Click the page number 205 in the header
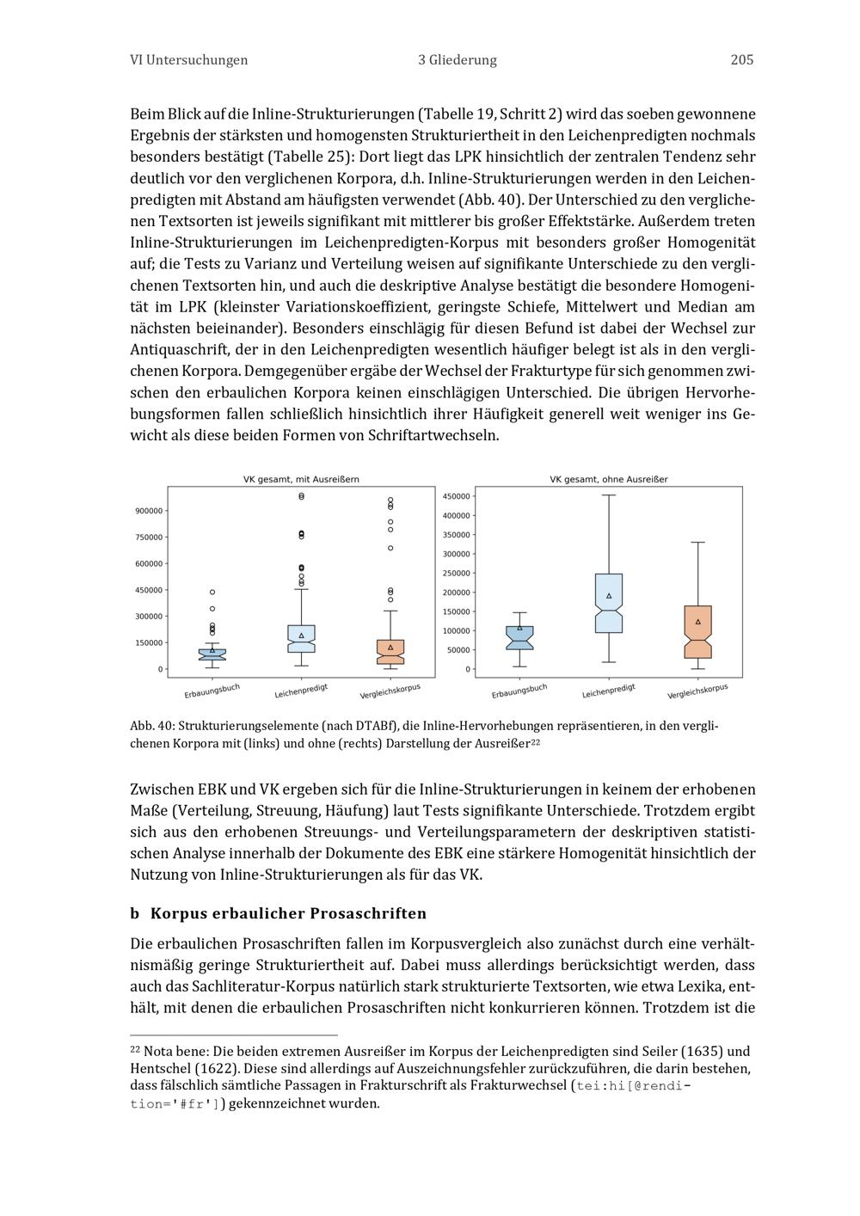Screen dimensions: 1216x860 coord(741,60)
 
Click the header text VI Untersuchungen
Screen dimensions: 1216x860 coord(188,60)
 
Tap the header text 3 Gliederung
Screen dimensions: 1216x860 coord(458,60)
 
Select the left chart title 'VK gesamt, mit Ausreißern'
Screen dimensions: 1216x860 coord(301,479)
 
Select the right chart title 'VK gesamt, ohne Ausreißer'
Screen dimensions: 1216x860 coord(609,479)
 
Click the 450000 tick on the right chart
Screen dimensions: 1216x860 coord(456,497)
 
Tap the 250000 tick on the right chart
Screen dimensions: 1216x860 coord(456,574)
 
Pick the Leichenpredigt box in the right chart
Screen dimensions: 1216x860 coord(609,604)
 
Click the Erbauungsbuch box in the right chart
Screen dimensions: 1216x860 coord(519,638)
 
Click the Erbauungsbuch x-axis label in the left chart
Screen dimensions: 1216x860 coord(212,691)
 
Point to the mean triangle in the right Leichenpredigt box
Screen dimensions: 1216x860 coord(609,596)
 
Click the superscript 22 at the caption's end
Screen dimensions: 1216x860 coord(534,741)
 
